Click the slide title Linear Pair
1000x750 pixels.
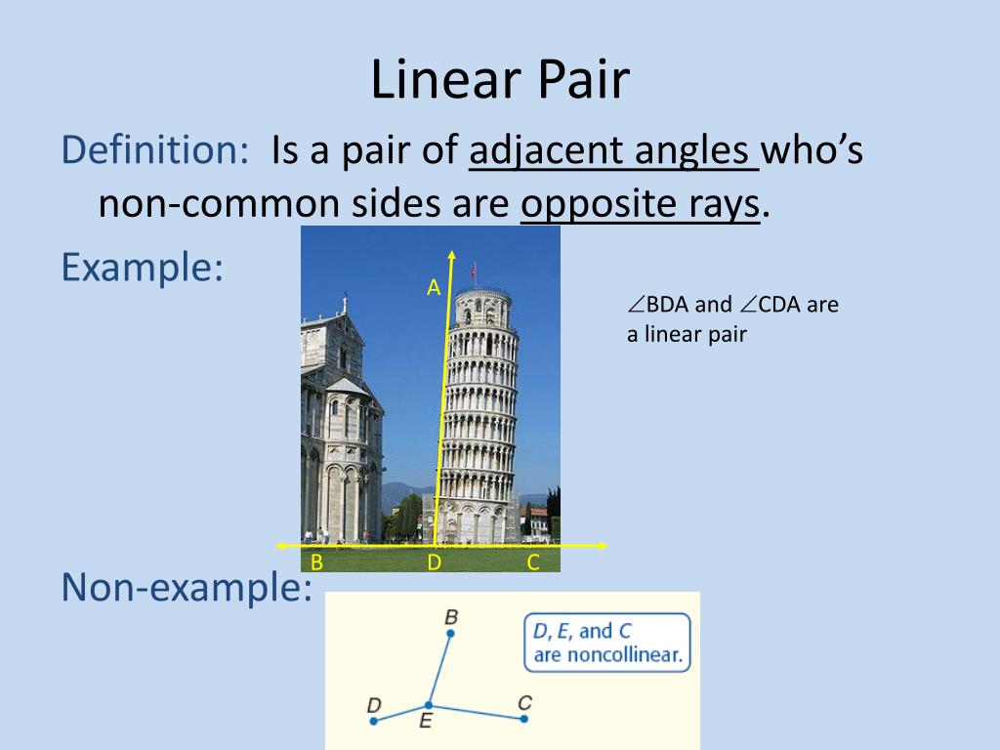(499, 80)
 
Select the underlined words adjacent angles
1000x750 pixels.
(613, 151)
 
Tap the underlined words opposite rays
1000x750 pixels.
(640, 204)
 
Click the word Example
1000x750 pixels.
(142, 267)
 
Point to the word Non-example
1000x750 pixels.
(187, 587)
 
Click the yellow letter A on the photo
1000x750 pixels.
(434, 287)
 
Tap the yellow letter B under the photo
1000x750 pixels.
(316, 562)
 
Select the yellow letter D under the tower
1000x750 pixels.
(435, 562)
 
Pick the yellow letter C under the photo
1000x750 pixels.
(533, 562)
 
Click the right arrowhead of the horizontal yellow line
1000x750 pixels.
(602, 545)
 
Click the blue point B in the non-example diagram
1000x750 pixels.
(450, 634)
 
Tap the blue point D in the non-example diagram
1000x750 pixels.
(374, 721)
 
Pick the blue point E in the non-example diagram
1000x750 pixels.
(428, 705)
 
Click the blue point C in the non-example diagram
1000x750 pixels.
(524, 719)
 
